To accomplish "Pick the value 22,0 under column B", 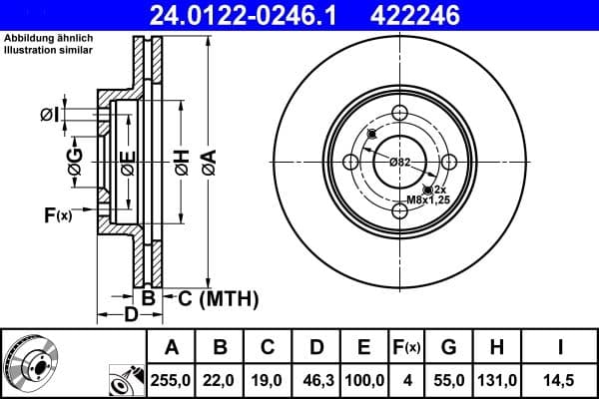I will click(x=221, y=379).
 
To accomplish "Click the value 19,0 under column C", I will click(x=269, y=379).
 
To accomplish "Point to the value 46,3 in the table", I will click(x=316, y=379).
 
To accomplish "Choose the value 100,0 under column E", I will click(x=364, y=379).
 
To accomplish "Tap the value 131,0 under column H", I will click(x=497, y=379).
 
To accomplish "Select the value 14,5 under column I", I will click(x=560, y=379).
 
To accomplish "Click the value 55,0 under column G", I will click(x=448, y=379).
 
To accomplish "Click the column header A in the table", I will click(x=172, y=347).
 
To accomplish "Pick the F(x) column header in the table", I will click(x=406, y=347).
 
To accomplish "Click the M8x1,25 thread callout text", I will click(x=426, y=200).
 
